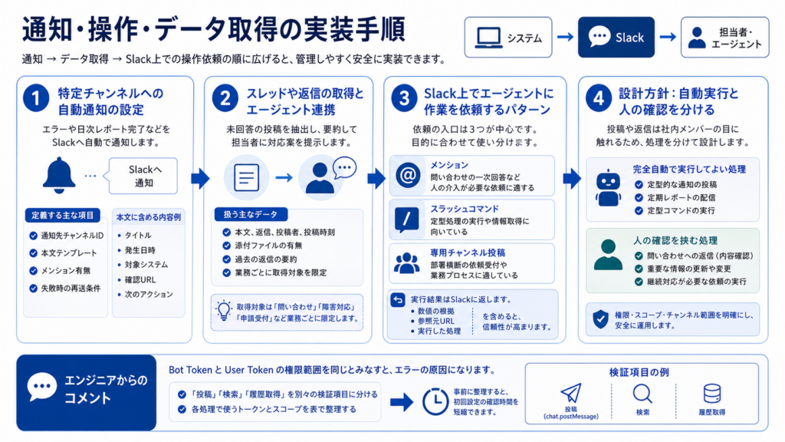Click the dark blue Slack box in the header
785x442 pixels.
616,37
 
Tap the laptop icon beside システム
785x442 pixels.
488,38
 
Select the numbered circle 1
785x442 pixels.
36,98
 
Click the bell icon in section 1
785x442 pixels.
58,175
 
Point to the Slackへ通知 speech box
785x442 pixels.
143,176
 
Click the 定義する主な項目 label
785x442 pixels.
63,216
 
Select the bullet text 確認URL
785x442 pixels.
140,279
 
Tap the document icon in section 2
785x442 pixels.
246,177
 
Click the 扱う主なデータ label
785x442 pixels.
251,215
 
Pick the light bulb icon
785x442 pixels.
223,311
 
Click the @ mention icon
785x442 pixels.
408,176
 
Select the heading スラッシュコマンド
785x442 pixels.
465,209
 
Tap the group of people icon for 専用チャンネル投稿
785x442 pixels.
406,263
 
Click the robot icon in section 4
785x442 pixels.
608,188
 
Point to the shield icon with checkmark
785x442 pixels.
601,318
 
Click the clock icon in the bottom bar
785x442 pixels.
435,401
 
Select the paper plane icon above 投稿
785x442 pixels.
571,394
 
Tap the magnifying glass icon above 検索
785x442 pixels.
642,394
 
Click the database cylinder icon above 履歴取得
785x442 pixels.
712,394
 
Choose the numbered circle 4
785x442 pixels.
599,98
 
